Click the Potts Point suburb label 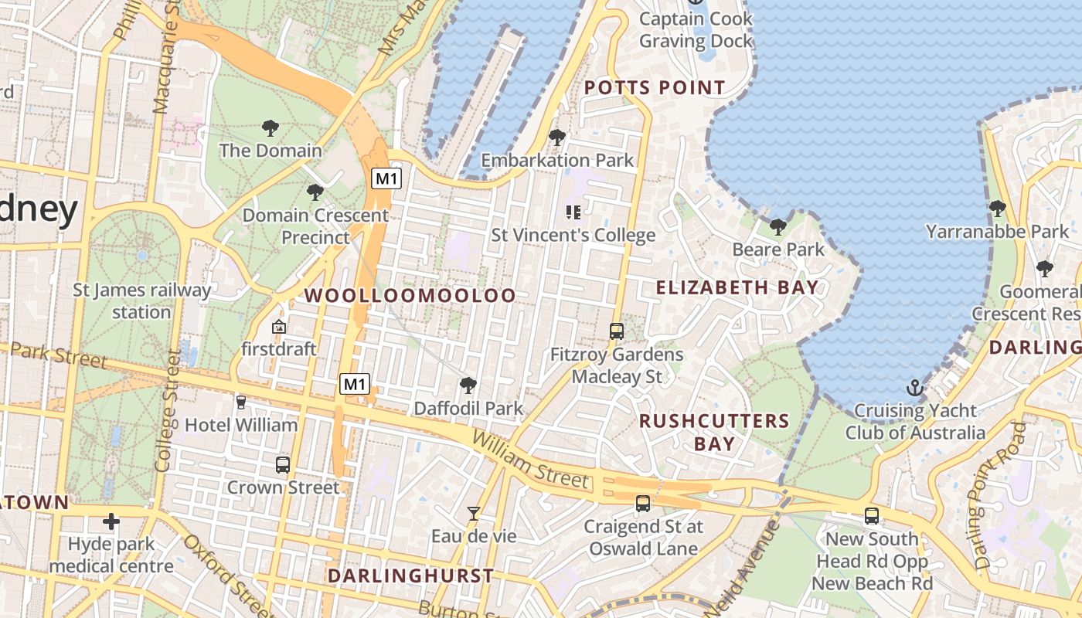tap(655, 87)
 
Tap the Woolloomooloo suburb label tap(410, 295)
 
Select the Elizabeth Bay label tap(737, 287)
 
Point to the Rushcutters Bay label tap(714, 432)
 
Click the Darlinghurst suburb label tap(410, 576)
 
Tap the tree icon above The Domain tap(270, 127)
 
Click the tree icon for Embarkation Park tap(556, 138)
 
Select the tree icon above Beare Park tap(778, 226)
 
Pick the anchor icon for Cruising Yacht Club tap(915, 387)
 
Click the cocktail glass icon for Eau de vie tap(473, 513)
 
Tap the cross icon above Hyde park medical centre tap(111, 521)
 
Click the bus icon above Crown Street tap(283, 465)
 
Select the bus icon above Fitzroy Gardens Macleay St tap(616, 331)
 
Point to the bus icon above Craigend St tap(642, 504)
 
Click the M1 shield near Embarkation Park tap(386, 179)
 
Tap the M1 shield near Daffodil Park tap(355, 383)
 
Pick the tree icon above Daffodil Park tap(468, 385)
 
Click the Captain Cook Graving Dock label tap(696, 29)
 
